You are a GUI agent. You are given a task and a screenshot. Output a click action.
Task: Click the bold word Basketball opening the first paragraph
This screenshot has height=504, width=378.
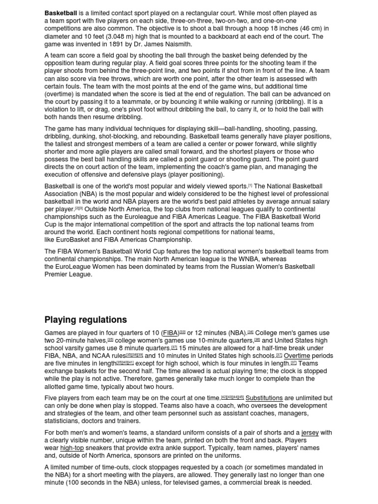pos(61,13)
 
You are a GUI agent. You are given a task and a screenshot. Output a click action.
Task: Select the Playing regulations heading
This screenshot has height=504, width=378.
pos(86,319)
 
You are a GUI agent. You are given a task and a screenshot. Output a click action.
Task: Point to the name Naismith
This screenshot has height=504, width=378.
pos(175,44)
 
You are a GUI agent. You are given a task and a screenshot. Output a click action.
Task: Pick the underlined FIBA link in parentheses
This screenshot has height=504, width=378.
pos(171,333)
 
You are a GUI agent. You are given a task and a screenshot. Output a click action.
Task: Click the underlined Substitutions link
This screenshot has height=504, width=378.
pos(264,398)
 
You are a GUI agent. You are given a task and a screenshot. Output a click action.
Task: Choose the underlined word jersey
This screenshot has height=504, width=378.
pos(310,433)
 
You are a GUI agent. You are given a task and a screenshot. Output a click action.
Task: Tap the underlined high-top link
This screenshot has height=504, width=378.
pos(72,448)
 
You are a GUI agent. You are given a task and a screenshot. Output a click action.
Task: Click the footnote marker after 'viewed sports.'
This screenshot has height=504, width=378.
pos(250,186)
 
